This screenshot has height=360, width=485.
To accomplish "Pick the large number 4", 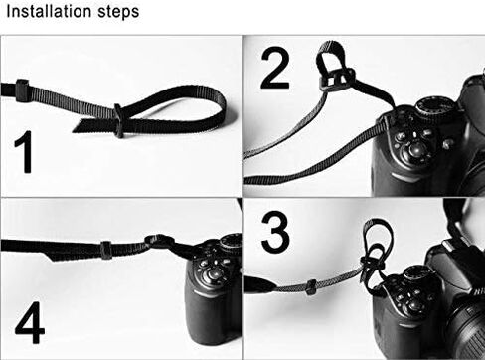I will pos(30,323).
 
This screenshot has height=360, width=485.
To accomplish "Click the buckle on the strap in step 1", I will pos(118,121).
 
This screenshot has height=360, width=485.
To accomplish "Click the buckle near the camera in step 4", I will pos(158,242).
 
